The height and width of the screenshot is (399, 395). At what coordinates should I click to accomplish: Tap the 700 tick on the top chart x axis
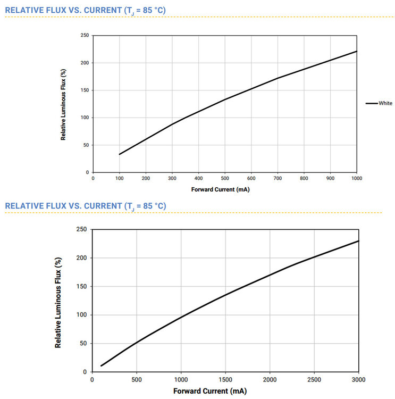click(278, 178)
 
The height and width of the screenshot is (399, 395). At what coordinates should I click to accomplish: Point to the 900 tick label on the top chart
click(330, 178)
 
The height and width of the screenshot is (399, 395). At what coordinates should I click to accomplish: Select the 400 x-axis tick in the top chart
click(198, 178)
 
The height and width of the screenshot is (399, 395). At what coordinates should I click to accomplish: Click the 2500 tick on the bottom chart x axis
click(314, 380)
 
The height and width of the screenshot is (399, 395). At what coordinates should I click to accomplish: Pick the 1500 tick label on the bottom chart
click(225, 380)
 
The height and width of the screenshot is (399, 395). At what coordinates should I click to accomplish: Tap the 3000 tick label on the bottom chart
click(358, 380)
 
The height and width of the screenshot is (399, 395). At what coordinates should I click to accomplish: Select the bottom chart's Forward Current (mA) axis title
click(209, 391)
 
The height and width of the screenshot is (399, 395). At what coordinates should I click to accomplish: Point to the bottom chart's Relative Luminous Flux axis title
click(58, 302)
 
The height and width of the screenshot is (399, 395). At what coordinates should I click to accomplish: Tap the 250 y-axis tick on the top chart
click(85, 36)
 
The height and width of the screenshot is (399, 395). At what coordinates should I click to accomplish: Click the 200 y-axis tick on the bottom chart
click(81, 258)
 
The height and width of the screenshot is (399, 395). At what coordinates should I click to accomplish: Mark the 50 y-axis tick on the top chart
click(86, 145)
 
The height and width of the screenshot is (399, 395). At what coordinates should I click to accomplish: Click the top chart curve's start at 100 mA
click(120, 154)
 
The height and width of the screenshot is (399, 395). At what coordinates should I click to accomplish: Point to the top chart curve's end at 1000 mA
click(356, 51)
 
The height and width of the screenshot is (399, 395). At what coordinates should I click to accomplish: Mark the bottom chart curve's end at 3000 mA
click(358, 241)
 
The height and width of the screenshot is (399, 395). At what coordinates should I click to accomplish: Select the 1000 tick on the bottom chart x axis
click(181, 380)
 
